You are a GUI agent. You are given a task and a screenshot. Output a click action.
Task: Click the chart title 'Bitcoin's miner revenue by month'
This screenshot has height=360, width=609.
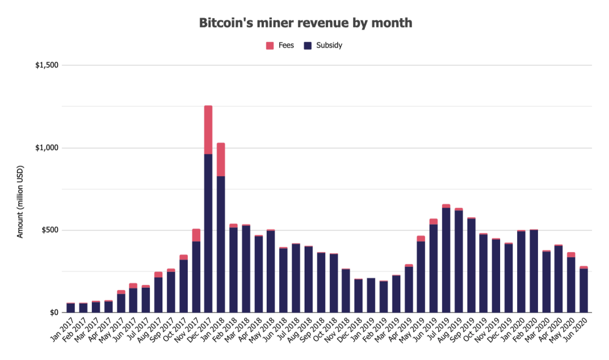coord(305,23)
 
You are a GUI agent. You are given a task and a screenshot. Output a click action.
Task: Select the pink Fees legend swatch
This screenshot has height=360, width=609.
coord(270,45)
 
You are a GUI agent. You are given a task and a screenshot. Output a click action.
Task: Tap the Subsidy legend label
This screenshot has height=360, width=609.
coord(329,45)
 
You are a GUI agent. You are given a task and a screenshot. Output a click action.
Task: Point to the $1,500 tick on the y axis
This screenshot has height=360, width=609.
coord(47,65)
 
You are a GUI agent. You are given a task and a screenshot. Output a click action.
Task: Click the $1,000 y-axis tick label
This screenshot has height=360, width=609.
coord(47,148)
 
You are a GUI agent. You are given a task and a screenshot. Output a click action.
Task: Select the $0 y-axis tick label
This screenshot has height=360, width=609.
coord(54,313)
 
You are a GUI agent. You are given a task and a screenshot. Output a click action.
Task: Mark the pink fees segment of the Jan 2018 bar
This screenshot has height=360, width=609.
coord(220,160)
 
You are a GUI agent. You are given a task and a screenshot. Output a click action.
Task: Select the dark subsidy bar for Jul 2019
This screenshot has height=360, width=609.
coord(446,260)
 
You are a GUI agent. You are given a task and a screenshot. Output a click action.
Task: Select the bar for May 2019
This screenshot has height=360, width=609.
coord(421,276)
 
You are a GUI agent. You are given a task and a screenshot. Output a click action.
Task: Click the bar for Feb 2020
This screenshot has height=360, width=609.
coord(533,271)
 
